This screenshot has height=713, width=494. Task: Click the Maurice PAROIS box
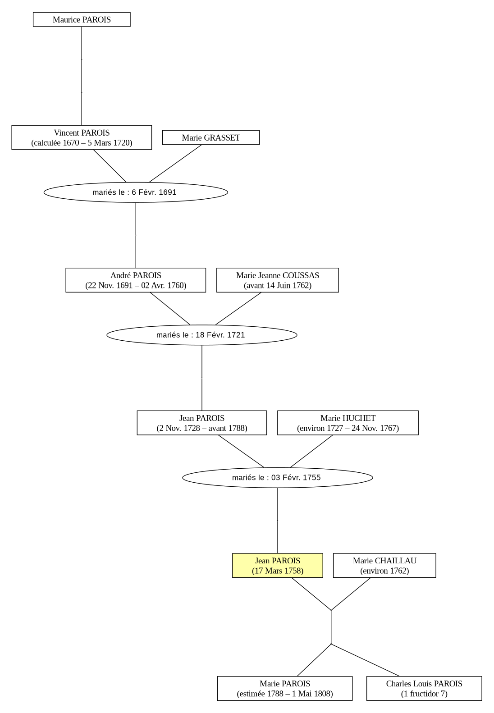pyautogui.click(x=82, y=19)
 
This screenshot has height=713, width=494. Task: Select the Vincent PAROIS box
pyautogui.click(x=82, y=137)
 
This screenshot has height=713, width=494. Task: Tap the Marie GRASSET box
pyautogui.click(x=210, y=137)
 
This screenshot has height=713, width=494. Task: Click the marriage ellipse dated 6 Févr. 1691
pyautogui.click(x=136, y=192)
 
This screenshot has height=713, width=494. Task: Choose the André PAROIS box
pyautogui.click(x=136, y=280)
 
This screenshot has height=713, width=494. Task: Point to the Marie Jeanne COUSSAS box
pyautogui.click(x=278, y=280)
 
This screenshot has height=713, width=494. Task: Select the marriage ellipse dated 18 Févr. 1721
pyautogui.click(x=202, y=335)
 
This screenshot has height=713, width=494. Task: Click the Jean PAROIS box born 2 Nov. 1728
pyautogui.click(x=202, y=422)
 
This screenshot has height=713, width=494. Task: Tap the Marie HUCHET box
pyautogui.click(x=348, y=422)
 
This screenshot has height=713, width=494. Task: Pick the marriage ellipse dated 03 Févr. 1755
pyautogui.click(x=278, y=477)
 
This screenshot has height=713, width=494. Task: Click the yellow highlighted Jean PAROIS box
pyautogui.click(x=278, y=565)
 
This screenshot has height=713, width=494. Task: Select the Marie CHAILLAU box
pyautogui.click(x=384, y=565)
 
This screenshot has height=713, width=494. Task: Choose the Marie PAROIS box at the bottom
pyautogui.click(x=285, y=688)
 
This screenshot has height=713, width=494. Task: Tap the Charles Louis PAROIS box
pyautogui.click(x=424, y=688)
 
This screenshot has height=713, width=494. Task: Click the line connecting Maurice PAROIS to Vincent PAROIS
pyautogui.click(x=82, y=76)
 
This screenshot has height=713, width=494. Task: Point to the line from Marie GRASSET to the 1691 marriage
pyautogui.click(x=175, y=163)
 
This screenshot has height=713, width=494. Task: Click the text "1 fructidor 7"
pyautogui.click(x=424, y=693)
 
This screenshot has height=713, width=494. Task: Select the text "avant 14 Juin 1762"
pyautogui.click(x=278, y=285)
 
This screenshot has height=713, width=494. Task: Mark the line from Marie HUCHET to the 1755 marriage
pyautogui.click(x=311, y=451)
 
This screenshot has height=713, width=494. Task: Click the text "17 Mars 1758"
pyautogui.click(x=278, y=570)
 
